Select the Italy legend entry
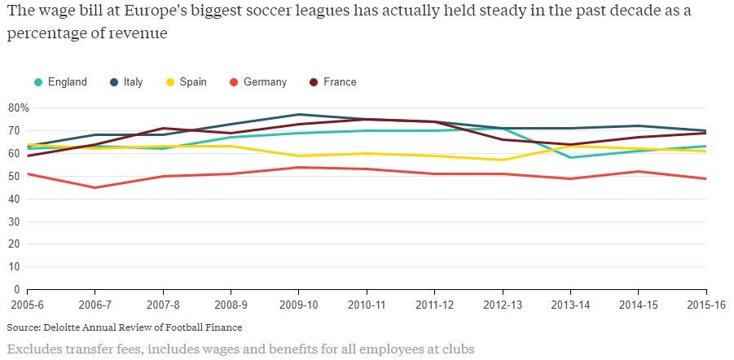tap(133, 82)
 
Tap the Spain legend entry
tap(193, 82)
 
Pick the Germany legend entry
tap(265, 82)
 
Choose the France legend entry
tap(340, 82)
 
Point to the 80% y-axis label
tap(18, 108)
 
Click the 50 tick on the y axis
tap(13, 176)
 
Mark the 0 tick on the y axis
tap(15, 289)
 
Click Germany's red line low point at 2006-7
tap(95, 187)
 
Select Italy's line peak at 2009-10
tap(299, 115)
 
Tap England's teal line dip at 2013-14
tap(570, 158)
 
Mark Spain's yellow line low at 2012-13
tap(503, 160)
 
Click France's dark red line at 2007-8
tap(163, 129)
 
